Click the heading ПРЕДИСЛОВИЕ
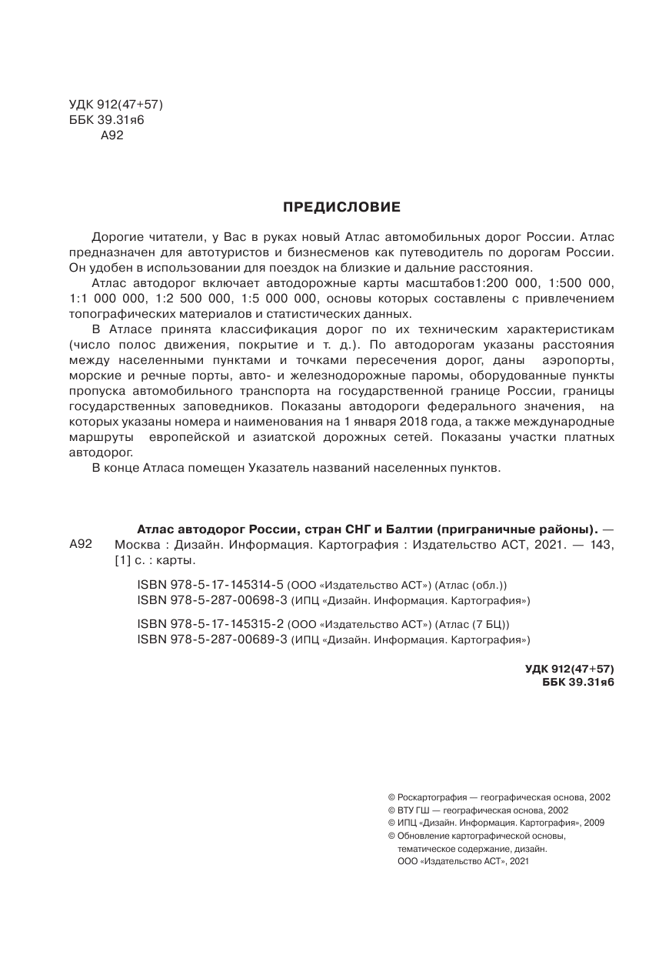click(x=342, y=206)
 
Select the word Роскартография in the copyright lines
click(x=431, y=798)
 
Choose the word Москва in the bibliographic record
click(x=135, y=545)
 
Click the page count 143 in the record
click(x=607, y=545)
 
